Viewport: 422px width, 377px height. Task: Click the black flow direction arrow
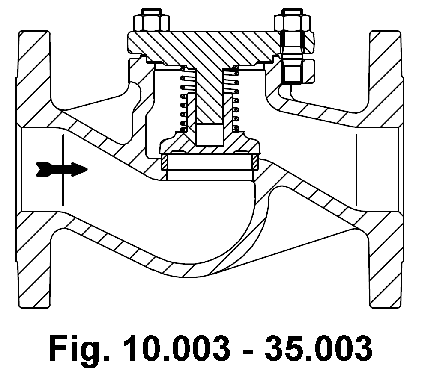(62, 168)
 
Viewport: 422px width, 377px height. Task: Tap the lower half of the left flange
(34, 261)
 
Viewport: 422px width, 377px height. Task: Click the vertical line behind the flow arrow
(63, 188)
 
